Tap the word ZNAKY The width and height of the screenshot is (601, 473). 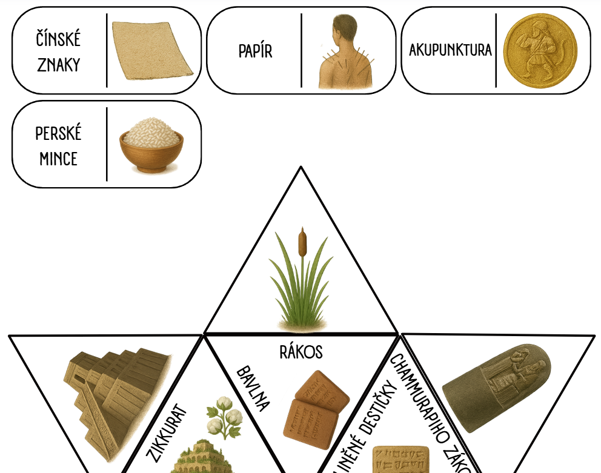[58, 65]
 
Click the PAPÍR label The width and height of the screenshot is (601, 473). [255, 51]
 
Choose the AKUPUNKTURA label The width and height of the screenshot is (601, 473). [450, 50]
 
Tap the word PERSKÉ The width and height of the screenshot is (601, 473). [58, 133]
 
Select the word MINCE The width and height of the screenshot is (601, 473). [58, 159]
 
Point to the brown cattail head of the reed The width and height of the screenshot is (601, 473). [301, 242]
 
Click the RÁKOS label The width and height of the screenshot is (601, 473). [301, 352]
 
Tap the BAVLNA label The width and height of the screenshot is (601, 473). [253, 388]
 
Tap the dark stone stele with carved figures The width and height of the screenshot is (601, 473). [497, 388]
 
